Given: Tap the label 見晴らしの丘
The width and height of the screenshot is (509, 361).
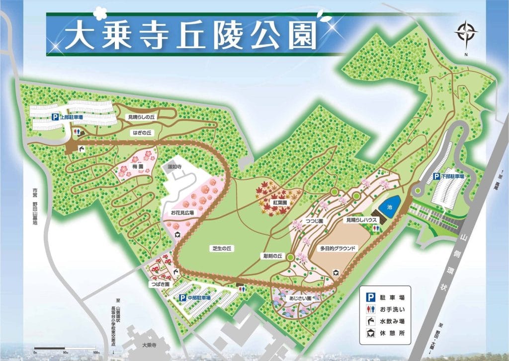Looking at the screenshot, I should pos(142,117).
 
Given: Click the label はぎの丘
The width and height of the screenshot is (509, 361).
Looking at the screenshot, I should pos(142,133).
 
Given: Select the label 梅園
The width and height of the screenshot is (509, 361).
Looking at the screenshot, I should pos(138,167).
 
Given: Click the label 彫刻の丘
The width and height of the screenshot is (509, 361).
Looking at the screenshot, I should pos(273,256).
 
